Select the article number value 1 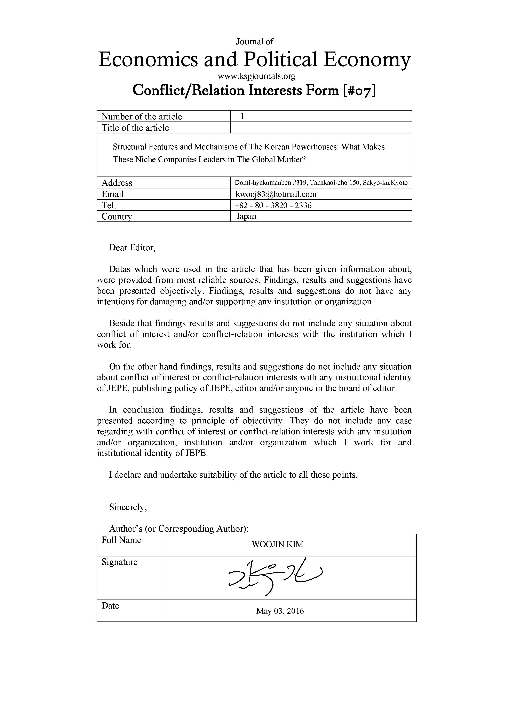(x=242, y=116)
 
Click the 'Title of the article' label (x=135, y=128)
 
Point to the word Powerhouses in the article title (x=315, y=147)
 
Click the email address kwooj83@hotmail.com (x=276, y=194)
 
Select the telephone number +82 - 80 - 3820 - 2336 (x=273, y=205)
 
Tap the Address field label (x=117, y=183)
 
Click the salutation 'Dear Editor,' (x=132, y=248)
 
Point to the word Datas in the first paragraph (x=119, y=269)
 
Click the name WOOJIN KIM (x=277, y=544)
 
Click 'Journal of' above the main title (x=254, y=41)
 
